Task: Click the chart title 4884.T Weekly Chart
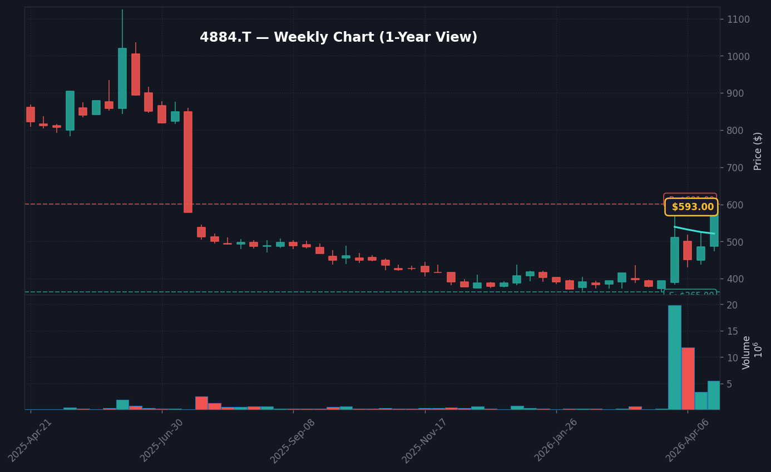(338, 38)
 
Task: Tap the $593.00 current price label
(691, 207)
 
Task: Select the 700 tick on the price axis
(735, 167)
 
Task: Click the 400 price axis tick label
(735, 279)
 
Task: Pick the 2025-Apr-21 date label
(31, 439)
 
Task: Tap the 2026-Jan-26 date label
(556, 440)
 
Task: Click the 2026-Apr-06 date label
(688, 440)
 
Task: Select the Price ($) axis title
(758, 151)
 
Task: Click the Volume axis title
(747, 352)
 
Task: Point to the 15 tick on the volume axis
(732, 331)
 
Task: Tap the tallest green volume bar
(674, 357)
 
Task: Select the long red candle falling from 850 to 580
(188, 162)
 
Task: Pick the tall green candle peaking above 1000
(122, 78)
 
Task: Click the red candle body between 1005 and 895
(136, 74)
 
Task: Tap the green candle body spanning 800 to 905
(70, 111)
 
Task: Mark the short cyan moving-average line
(694, 230)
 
